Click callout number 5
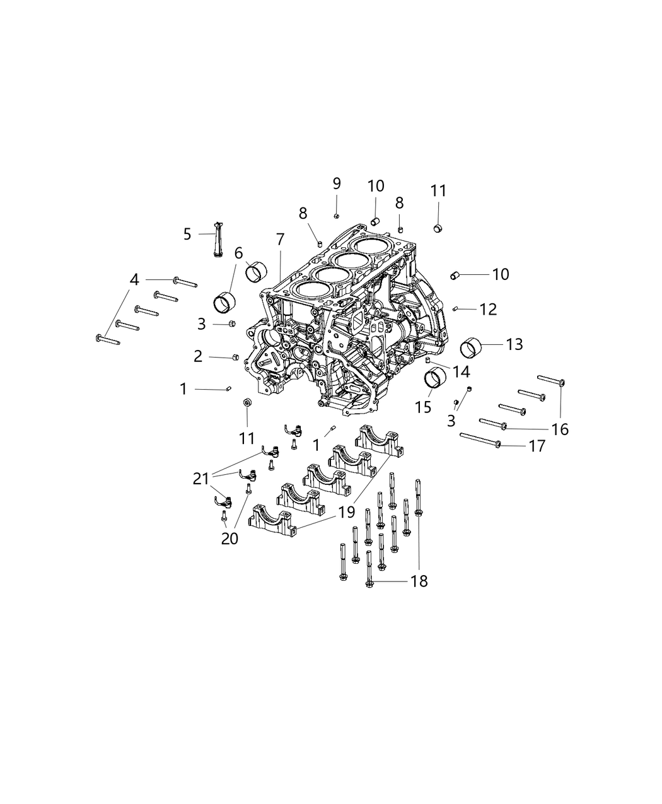pos(187,235)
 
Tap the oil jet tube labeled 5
pos(218,239)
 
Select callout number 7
pos(280,239)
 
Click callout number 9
pos(337,184)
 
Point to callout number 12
pos(488,309)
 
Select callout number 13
pos(514,344)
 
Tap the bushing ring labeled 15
pos(433,378)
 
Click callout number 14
pos(461,372)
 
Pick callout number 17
pos(537,446)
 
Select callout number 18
pos(419,581)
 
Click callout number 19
pos(346,512)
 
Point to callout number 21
pos(200,480)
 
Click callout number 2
pos(198,356)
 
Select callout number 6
pos(238,253)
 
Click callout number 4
pos(134,279)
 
